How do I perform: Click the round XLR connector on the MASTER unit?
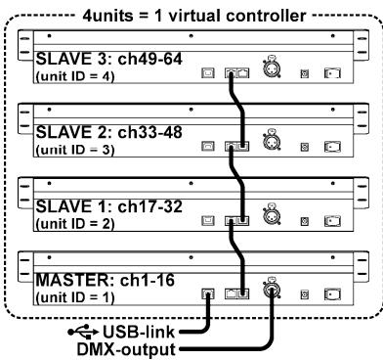(267, 290)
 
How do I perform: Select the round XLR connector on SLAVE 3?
(267, 69)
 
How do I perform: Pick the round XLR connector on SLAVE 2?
(267, 144)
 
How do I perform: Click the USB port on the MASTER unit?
(206, 291)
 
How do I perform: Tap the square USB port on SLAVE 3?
(206, 71)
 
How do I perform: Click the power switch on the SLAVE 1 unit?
(332, 218)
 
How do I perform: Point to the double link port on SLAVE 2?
(234, 146)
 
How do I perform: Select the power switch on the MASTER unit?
(332, 292)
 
